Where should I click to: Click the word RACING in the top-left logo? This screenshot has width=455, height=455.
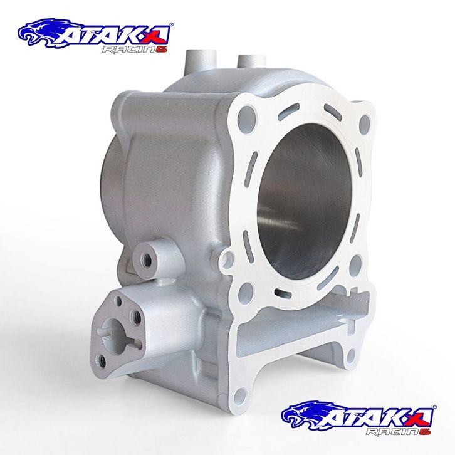[x=135, y=50]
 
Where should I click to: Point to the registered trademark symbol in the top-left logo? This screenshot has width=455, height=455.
[x=171, y=24]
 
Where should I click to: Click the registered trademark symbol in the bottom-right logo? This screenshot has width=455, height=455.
[x=434, y=407]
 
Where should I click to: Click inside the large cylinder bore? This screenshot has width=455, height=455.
[x=305, y=197]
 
